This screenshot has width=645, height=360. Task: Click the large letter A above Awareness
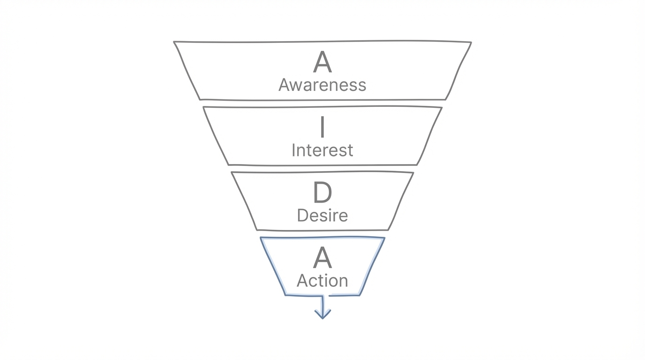tap(322, 62)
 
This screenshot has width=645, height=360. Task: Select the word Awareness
tap(322, 85)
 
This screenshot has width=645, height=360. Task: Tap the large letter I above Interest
tap(322, 127)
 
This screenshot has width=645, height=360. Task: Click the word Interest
tap(322, 150)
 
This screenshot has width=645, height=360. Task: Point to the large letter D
tap(322, 193)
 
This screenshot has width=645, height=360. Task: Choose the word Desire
tap(322, 216)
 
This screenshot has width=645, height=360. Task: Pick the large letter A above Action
tap(322, 258)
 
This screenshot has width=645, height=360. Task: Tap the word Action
tap(322, 281)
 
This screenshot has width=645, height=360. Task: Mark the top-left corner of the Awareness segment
tap(174, 42)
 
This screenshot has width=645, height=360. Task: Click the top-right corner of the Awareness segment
tap(471, 43)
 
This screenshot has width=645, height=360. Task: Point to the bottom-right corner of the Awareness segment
tap(445, 99)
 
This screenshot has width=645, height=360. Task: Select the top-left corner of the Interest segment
tap(203, 107)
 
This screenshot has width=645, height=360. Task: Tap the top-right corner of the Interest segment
tap(442, 108)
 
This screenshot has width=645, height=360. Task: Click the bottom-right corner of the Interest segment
tap(417, 165)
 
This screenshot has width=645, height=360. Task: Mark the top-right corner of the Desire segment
tap(413, 173)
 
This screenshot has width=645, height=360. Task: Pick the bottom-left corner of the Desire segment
tap(257, 230)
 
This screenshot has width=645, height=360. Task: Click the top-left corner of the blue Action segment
tap(261, 238)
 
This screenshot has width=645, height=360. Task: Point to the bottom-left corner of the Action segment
tap(285, 295)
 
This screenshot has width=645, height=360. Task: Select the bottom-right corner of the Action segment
tap(359, 295)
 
